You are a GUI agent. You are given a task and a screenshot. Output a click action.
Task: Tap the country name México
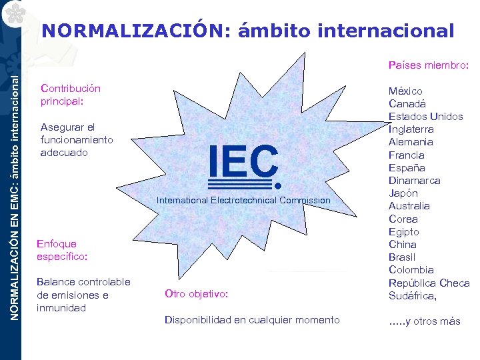pyautogui.click(x=405, y=91)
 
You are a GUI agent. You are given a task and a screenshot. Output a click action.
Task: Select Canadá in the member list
pyautogui.click(x=407, y=103)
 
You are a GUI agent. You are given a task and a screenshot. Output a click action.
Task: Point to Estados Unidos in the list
pyautogui.click(x=425, y=117)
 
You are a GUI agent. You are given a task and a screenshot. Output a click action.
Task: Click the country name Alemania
pyautogui.click(x=411, y=142)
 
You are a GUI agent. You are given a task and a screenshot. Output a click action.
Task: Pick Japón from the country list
pyautogui.click(x=403, y=193)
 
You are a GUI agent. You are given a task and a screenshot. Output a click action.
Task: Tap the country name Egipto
pyautogui.click(x=404, y=232)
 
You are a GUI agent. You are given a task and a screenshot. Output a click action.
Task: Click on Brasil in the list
pyautogui.click(x=402, y=257)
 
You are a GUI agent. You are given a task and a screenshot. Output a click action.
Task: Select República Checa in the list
pyautogui.click(x=429, y=283)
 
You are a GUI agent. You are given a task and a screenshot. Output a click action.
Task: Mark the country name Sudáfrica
pyautogui.click(x=413, y=295)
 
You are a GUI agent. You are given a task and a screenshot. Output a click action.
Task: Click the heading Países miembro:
pyautogui.click(x=429, y=65)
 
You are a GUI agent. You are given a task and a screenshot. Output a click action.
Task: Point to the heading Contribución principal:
pyautogui.click(x=71, y=95)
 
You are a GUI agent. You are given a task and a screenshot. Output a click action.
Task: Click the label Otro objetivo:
pyautogui.click(x=196, y=294)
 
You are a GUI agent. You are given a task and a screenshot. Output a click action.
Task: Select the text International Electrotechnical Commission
pyautogui.click(x=243, y=200)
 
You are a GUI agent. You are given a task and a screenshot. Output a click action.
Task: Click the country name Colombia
pyautogui.click(x=411, y=270)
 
